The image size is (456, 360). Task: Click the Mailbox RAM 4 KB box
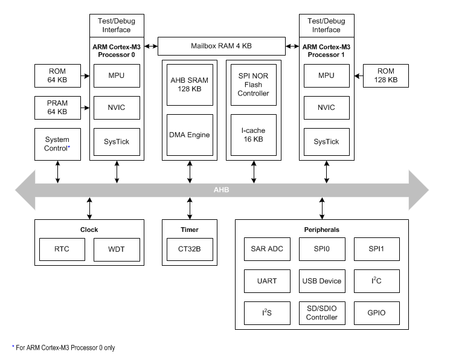coord(222,46)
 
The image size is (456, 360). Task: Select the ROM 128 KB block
coord(385,76)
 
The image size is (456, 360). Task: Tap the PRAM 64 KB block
coord(57,108)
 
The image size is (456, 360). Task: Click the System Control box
coord(57,143)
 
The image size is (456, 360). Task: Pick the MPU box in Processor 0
coord(117,76)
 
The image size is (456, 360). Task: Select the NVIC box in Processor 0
coord(117,108)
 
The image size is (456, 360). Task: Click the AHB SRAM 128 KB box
coord(190,84)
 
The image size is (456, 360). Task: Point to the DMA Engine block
coord(190,134)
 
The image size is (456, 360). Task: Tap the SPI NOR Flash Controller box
coord(253,84)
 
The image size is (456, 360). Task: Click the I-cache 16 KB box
coord(253,134)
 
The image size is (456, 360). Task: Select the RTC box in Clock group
coord(62,249)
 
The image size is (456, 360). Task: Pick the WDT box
coord(117,249)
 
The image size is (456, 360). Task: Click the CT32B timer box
coord(190,249)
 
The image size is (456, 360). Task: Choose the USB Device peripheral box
coord(321,281)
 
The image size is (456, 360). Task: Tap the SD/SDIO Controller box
coord(321,313)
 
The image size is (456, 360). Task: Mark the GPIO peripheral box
coord(376,313)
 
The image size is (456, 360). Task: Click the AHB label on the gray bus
coord(222,190)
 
